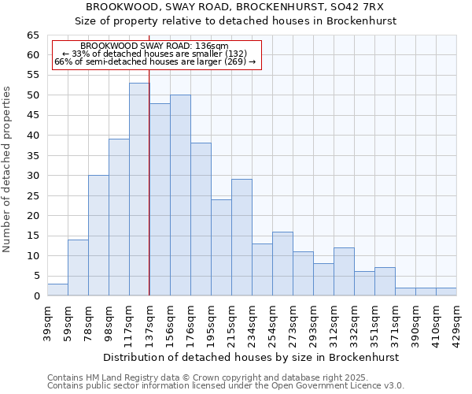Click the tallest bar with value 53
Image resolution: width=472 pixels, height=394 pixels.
tap(139, 189)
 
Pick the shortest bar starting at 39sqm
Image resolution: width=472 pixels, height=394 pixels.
tap(57, 290)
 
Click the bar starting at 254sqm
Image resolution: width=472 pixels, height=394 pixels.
tap(282, 264)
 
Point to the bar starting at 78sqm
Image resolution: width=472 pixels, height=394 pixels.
tap(98, 236)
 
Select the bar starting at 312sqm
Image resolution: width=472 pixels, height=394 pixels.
tap(344, 272)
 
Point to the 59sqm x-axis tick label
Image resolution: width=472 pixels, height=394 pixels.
tap(68, 319)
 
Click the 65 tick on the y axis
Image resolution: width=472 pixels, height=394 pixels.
tap(33, 35)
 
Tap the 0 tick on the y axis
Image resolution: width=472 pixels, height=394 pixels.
tap(36, 296)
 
